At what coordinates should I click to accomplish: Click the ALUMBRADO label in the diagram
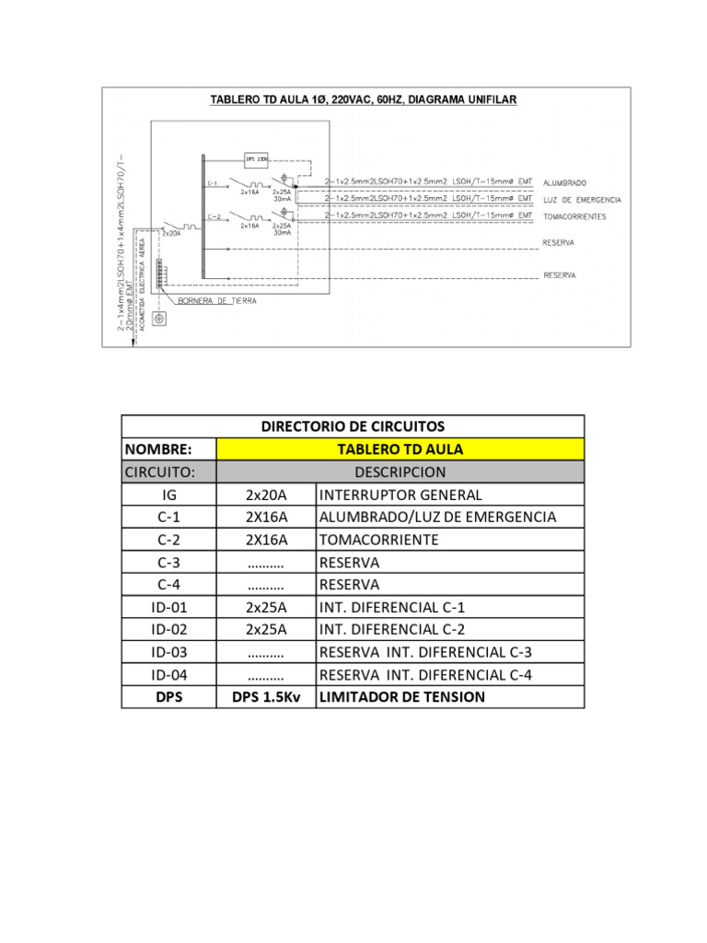click(565, 182)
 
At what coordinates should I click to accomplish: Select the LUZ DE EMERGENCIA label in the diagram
click(583, 200)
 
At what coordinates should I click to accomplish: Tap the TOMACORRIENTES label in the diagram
click(576, 216)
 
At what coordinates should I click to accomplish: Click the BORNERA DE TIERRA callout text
click(215, 301)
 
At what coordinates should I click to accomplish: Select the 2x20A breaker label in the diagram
click(172, 233)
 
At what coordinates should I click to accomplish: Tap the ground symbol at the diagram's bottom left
click(158, 319)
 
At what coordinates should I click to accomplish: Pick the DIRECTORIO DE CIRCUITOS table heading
click(353, 426)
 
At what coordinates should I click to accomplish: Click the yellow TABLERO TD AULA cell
click(399, 449)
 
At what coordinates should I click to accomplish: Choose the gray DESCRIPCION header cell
click(399, 472)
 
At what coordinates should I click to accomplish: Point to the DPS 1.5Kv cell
click(265, 697)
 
